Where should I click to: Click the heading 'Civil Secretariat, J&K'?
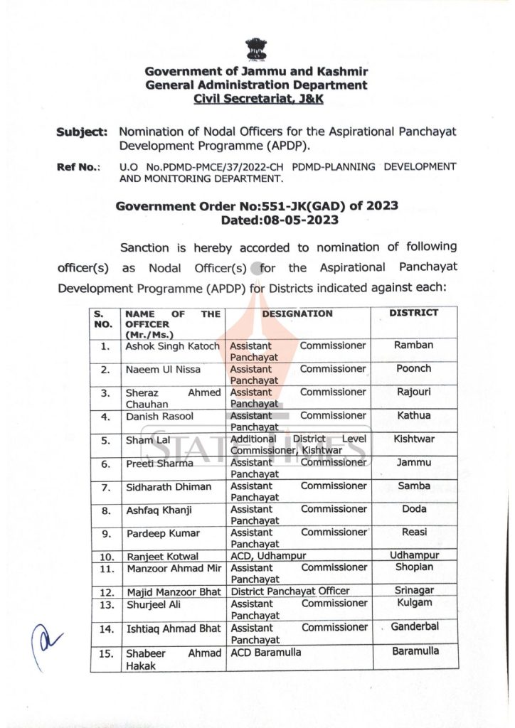tap(256, 99)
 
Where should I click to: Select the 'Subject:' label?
tap(83, 132)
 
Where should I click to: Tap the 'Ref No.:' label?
tap(79, 167)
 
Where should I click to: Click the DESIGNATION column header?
tap(297, 314)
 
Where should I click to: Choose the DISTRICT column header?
tap(413, 313)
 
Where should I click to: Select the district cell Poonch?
tap(413, 369)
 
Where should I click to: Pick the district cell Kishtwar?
tap(414, 439)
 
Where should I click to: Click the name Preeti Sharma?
tap(159, 464)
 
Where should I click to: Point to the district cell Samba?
tap(414, 486)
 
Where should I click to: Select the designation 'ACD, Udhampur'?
tap(268, 555)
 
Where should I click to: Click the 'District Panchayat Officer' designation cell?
tap(290, 591)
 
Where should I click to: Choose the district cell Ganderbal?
tap(415, 627)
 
